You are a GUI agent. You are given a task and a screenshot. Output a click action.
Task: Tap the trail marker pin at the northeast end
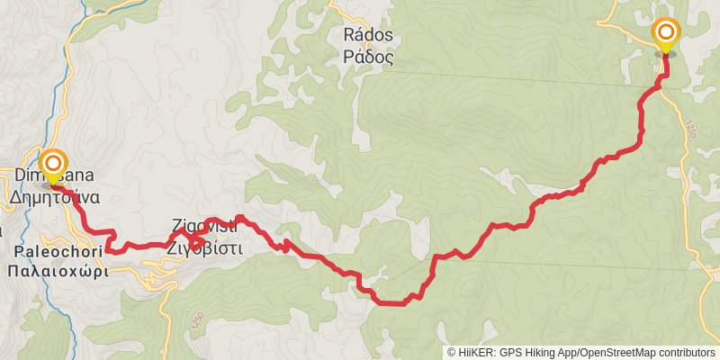(x=666, y=36)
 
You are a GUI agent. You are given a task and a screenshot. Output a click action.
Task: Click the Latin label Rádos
(x=369, y=36)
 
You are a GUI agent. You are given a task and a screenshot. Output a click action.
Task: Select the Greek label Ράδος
(x=369, y=55)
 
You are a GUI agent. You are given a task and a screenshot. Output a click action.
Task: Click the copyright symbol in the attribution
(x=452, y=353)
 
